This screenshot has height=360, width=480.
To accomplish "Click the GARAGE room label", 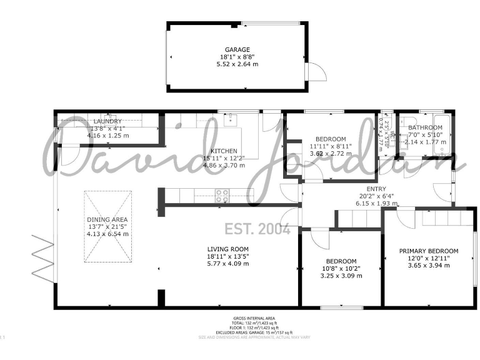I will tap(237, 49).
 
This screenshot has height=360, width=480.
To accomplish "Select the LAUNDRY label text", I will tap(108, 121).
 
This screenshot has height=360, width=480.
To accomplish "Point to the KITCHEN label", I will tap(223, 151).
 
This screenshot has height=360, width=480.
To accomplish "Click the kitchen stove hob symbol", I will tap(222, 194).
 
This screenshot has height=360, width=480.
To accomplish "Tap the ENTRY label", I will tap(376, 189).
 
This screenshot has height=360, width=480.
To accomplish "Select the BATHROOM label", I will tap(425, 127).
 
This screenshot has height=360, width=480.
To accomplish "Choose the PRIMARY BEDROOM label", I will tap(429, 251).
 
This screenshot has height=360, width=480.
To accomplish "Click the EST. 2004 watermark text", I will tap(257, 229).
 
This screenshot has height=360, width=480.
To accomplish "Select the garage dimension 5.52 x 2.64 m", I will tap(237, 64).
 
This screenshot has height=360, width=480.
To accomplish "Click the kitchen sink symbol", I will tap(229, 119).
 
